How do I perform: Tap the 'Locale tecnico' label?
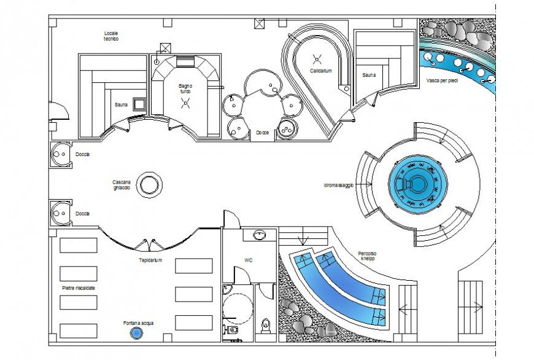point(111,35)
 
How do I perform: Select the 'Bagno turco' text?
point(186,88)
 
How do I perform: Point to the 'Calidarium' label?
point(320,71)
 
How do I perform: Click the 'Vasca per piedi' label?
point(442,80)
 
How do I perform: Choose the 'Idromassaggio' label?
point(339,185)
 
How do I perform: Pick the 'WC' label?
point(249,260)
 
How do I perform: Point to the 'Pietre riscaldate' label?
point(78,288)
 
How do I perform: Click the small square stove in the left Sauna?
point(139,104)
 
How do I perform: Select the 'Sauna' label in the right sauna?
point(368,75)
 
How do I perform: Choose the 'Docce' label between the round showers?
point(263,132)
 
